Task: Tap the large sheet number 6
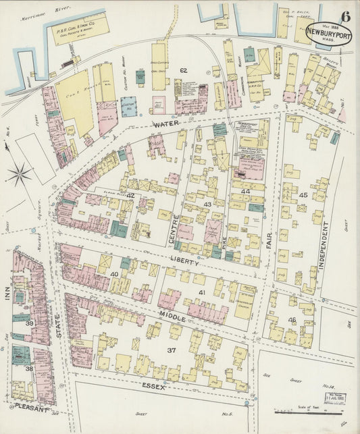tap(345, 17)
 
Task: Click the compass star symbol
tap(19, 174)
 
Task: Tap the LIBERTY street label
tap(183, 259)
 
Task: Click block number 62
tap(183, 70)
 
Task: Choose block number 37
tap(172, 350)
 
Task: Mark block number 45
tap(303, 195)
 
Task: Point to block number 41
tap(201, 292)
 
